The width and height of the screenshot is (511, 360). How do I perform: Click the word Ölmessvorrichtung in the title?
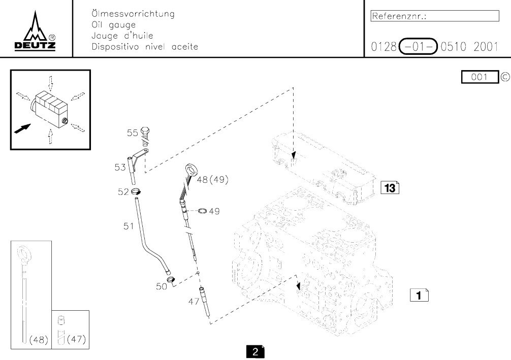133,14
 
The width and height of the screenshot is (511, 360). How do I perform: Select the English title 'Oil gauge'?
113,25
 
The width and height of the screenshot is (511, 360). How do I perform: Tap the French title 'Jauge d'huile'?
121,36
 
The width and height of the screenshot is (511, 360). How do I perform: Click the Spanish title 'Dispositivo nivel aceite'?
144,47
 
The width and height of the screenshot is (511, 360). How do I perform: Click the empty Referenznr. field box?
435,16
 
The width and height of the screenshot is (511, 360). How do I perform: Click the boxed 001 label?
480,77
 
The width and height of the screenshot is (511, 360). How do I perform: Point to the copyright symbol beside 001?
505,77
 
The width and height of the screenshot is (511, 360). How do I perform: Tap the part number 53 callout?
120,167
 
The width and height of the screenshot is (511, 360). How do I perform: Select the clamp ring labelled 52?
136,191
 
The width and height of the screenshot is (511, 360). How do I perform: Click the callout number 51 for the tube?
129,226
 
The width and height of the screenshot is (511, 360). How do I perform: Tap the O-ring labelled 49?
202,210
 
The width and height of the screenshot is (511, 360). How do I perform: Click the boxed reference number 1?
419,294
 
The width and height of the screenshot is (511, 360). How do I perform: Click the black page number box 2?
255,351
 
